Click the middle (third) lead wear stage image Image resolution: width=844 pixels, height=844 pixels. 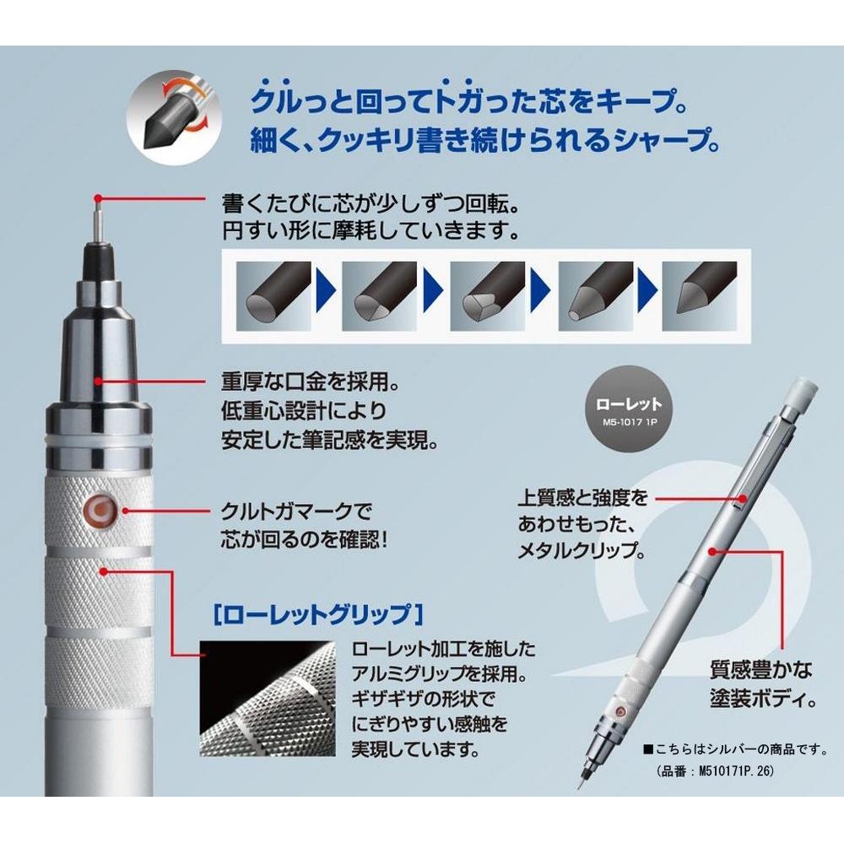click(x=484, y=297)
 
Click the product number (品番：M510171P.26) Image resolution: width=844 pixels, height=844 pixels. click(x=714, y=771)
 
